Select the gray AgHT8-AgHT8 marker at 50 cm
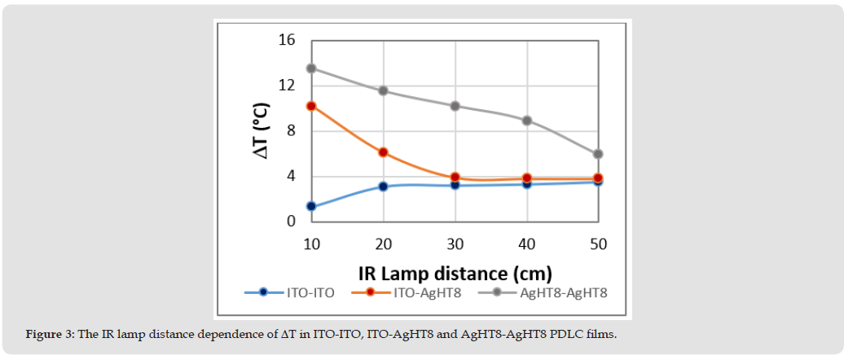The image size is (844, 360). coord(598,154)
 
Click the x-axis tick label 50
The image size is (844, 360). coord(598,244)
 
